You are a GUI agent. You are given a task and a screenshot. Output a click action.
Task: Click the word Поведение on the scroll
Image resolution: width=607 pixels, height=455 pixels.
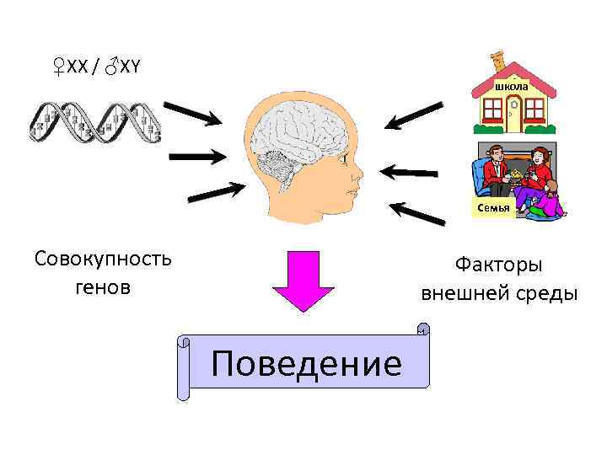307,364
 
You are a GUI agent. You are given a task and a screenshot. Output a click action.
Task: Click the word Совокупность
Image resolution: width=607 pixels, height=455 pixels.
103,258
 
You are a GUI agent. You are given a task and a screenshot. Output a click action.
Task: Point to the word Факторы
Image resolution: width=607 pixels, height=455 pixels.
499,265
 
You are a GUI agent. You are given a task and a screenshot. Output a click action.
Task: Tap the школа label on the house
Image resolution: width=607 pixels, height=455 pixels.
511,87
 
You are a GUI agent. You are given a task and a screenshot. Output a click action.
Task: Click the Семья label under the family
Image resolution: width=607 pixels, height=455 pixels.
493,207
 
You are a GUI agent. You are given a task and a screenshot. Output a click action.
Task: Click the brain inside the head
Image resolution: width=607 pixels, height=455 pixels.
298,126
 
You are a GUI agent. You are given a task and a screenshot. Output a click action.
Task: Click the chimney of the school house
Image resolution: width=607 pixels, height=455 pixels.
498,59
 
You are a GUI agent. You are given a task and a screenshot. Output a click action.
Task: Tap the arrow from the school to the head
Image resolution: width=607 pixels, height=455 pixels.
413,115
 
